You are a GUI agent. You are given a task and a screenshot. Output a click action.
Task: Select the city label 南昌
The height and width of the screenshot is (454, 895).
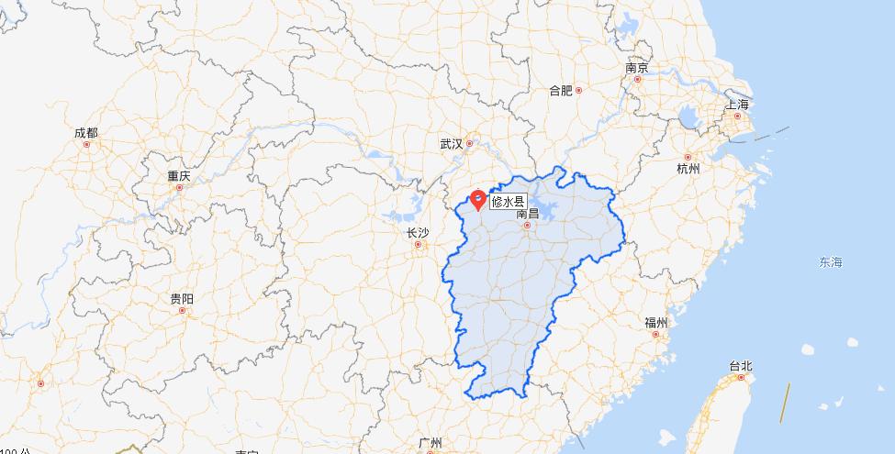527,213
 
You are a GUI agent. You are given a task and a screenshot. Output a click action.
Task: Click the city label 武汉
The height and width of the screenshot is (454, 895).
451,144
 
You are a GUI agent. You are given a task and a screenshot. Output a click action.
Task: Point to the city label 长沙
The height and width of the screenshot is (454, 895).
417,233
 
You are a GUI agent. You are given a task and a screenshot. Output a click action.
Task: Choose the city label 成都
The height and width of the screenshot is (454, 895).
85,133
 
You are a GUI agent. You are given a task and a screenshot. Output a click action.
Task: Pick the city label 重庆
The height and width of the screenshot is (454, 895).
178,175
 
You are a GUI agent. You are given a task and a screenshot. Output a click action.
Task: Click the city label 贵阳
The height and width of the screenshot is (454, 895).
182,299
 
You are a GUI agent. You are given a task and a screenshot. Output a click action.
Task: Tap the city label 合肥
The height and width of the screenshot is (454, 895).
560,90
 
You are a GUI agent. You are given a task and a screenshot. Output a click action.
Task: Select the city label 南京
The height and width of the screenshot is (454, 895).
637,68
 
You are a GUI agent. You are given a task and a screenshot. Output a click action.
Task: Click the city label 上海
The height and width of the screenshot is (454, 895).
737,105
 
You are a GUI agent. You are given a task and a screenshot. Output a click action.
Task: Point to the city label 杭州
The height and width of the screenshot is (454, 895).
688,169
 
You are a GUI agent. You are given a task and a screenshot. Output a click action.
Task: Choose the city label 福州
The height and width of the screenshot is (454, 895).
656,323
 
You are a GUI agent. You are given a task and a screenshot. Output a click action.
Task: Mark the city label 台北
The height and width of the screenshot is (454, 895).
741,366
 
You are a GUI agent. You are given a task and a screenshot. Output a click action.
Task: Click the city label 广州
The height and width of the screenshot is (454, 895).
430,442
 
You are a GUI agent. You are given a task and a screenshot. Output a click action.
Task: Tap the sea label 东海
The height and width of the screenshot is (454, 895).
831,262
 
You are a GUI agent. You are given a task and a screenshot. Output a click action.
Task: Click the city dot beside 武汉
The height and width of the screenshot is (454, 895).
469,143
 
